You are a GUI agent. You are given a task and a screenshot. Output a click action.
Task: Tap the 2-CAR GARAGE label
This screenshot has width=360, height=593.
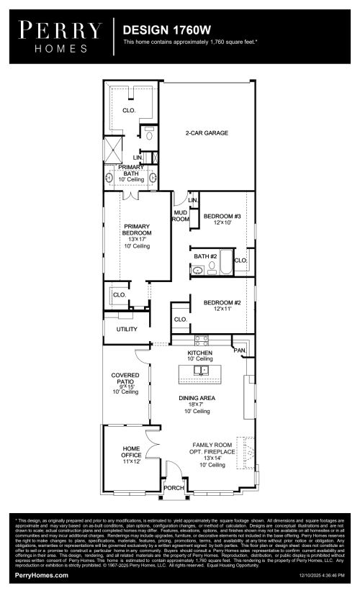tap(207, 133)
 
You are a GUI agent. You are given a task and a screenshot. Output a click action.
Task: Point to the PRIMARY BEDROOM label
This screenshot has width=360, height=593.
tap(136, 232)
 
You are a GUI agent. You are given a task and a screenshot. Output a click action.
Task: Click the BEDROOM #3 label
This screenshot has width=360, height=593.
tap(221, 219)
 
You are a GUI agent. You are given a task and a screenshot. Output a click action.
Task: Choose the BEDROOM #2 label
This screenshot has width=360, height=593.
tap(221, 307)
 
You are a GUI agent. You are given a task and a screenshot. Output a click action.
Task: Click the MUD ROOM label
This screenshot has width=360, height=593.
tap(180, 216)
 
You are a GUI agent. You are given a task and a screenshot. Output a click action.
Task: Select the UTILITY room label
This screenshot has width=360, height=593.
tap(127, 329)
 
